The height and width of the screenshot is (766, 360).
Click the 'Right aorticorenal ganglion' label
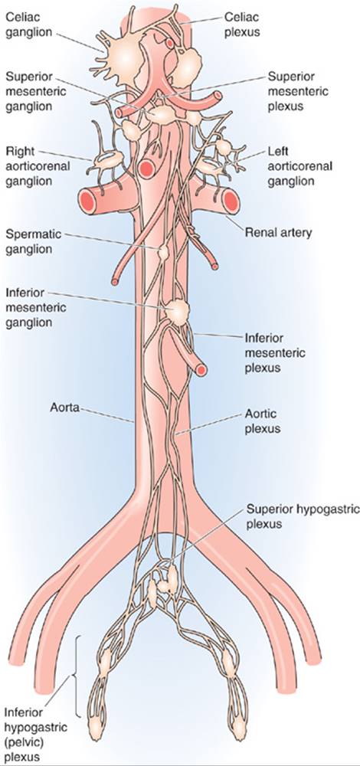tap(38, 166)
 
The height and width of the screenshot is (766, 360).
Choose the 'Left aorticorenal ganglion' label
tap(300, 166)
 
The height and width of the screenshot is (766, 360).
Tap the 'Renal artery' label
tap(278, 233)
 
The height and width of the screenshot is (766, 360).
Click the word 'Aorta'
tap(65, 407)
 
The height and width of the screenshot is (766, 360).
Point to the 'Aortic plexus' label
tap(262, 421)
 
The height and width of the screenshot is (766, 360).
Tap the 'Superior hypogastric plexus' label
tap(303, 516)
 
